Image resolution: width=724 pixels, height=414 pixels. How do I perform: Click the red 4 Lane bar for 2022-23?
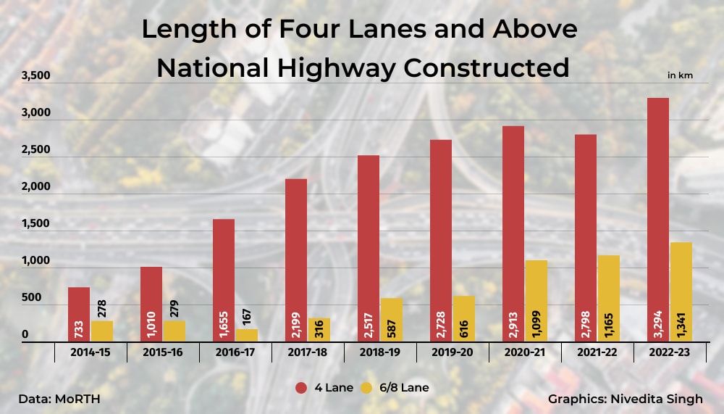pos(658,218)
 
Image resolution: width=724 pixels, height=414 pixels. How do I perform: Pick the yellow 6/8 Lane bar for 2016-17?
pos(246,335)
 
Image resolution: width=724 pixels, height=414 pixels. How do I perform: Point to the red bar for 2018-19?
pos(369,247)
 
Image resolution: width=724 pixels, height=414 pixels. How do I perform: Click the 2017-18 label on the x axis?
pos(308,352)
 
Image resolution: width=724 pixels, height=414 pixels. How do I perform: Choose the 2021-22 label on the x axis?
pos(597,352)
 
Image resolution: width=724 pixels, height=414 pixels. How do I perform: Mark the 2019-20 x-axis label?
pos(452,352)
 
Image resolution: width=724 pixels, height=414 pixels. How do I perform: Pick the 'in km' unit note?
pos(680,75)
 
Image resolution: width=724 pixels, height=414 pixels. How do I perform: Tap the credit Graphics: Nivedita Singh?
pos(625,399)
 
